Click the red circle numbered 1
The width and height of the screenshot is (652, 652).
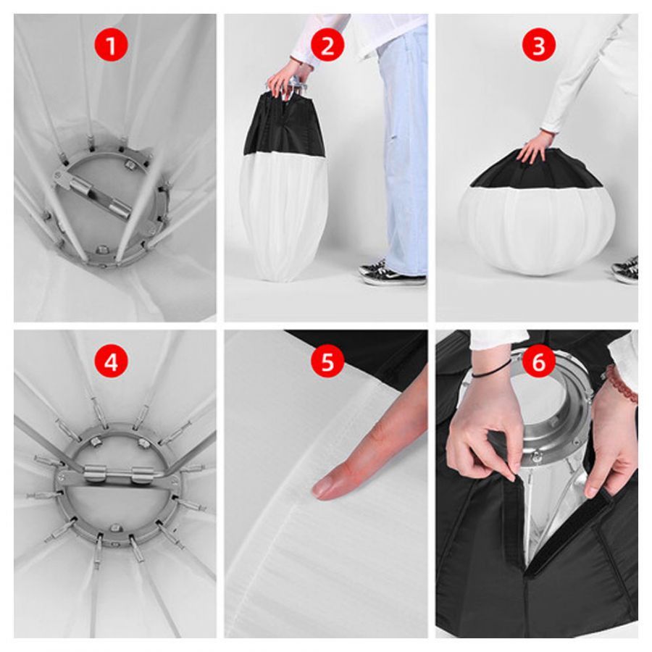(x=111, y=45)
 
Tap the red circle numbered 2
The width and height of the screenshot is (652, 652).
(x=327, y=45)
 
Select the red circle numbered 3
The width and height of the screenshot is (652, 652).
(x=539, y=45)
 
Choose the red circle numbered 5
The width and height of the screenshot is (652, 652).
(x=327, y=361)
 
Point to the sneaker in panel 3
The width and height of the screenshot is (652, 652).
(x=625, y=270)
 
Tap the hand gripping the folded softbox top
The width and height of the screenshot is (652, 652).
(x=287, y=79)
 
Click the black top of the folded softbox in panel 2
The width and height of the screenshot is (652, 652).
(x=285, y=125)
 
